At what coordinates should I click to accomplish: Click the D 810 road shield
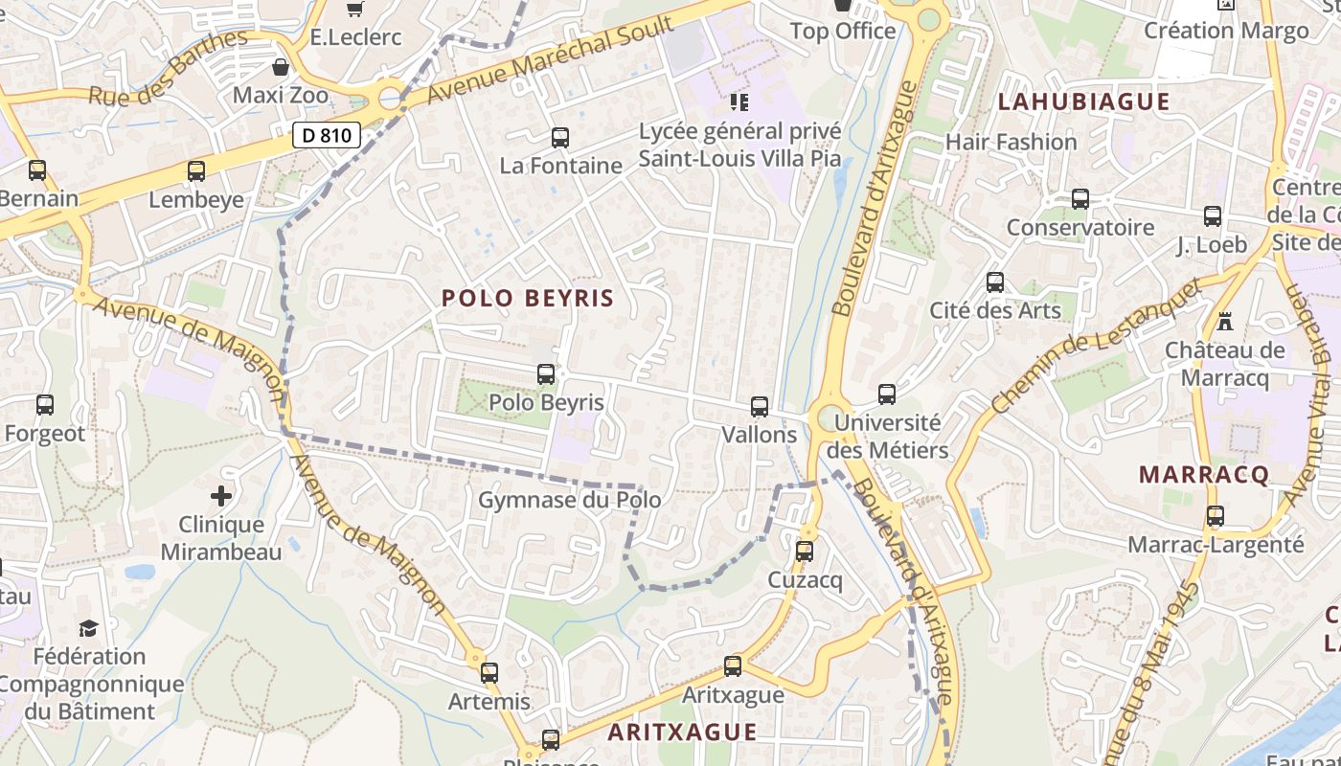(x=327, y=135)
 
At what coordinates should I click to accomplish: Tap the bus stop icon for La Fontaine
(x=560, y=138)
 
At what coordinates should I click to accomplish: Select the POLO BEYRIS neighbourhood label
(x=528, y=298)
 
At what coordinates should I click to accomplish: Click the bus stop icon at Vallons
(x=760, y=407)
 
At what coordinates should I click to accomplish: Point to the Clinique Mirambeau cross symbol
(x=221, y=496)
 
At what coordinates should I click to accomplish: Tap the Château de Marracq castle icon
(x=1224, y=321)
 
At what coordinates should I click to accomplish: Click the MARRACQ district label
(x=1204, y=474)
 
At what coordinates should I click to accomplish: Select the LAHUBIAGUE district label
(x=1084, y=101)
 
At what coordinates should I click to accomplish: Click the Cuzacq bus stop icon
(x=805, y=552)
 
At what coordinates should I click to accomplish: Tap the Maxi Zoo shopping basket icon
(x=281, y=67)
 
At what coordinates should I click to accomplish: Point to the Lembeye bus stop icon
(x=196, y=171)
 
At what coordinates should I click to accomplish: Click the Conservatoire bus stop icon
(x=1080, y=199)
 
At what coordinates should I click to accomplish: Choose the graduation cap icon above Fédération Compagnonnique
(x=89, y=628)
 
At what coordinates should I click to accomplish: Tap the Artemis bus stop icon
(x=489, y=673)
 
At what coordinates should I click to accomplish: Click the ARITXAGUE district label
(x=683, y=732)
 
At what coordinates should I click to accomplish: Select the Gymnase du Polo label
(x=570, y=500)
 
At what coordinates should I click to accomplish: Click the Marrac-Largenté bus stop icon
(x=1216, y=516)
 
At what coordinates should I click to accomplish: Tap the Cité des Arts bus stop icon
(x=995, y=282)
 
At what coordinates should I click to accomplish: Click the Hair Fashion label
(x=1011, y=142)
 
